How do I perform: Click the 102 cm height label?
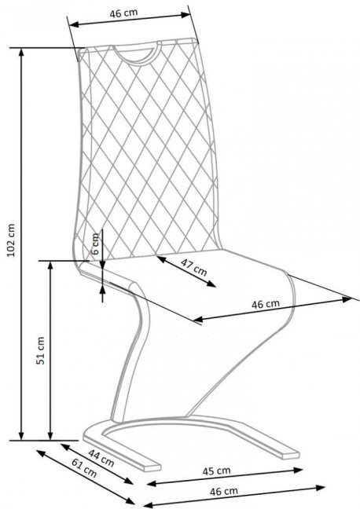11,240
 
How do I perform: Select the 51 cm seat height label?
40,350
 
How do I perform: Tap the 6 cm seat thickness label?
95,244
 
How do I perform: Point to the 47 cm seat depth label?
193,267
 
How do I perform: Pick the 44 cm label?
101,458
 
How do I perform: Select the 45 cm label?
217,471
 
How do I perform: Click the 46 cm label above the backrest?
123,13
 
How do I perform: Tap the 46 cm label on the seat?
266,304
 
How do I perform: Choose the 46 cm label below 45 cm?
223,492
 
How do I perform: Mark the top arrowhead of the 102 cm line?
21,52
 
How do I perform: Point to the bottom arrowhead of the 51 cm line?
50,436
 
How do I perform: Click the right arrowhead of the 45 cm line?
298,470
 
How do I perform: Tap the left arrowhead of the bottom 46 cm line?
148,505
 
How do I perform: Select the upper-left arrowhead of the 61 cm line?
40,452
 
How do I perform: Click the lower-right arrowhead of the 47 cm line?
212,284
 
